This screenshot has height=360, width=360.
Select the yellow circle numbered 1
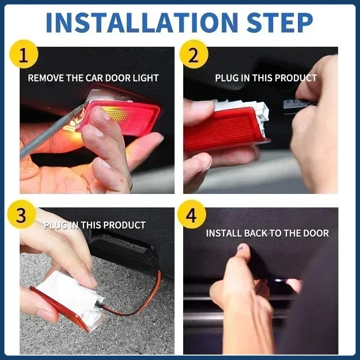point(24,54)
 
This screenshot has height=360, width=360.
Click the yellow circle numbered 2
point(194,54)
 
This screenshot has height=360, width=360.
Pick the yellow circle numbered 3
point(22,214)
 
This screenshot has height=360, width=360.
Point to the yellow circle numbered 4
point(192,214)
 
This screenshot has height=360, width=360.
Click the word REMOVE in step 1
point(46,78)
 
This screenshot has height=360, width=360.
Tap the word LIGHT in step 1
point(146,78)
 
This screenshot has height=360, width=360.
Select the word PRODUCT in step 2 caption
point(296,78)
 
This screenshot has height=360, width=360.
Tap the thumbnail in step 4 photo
point(243,247)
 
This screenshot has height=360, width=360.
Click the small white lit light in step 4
point(278,280)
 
